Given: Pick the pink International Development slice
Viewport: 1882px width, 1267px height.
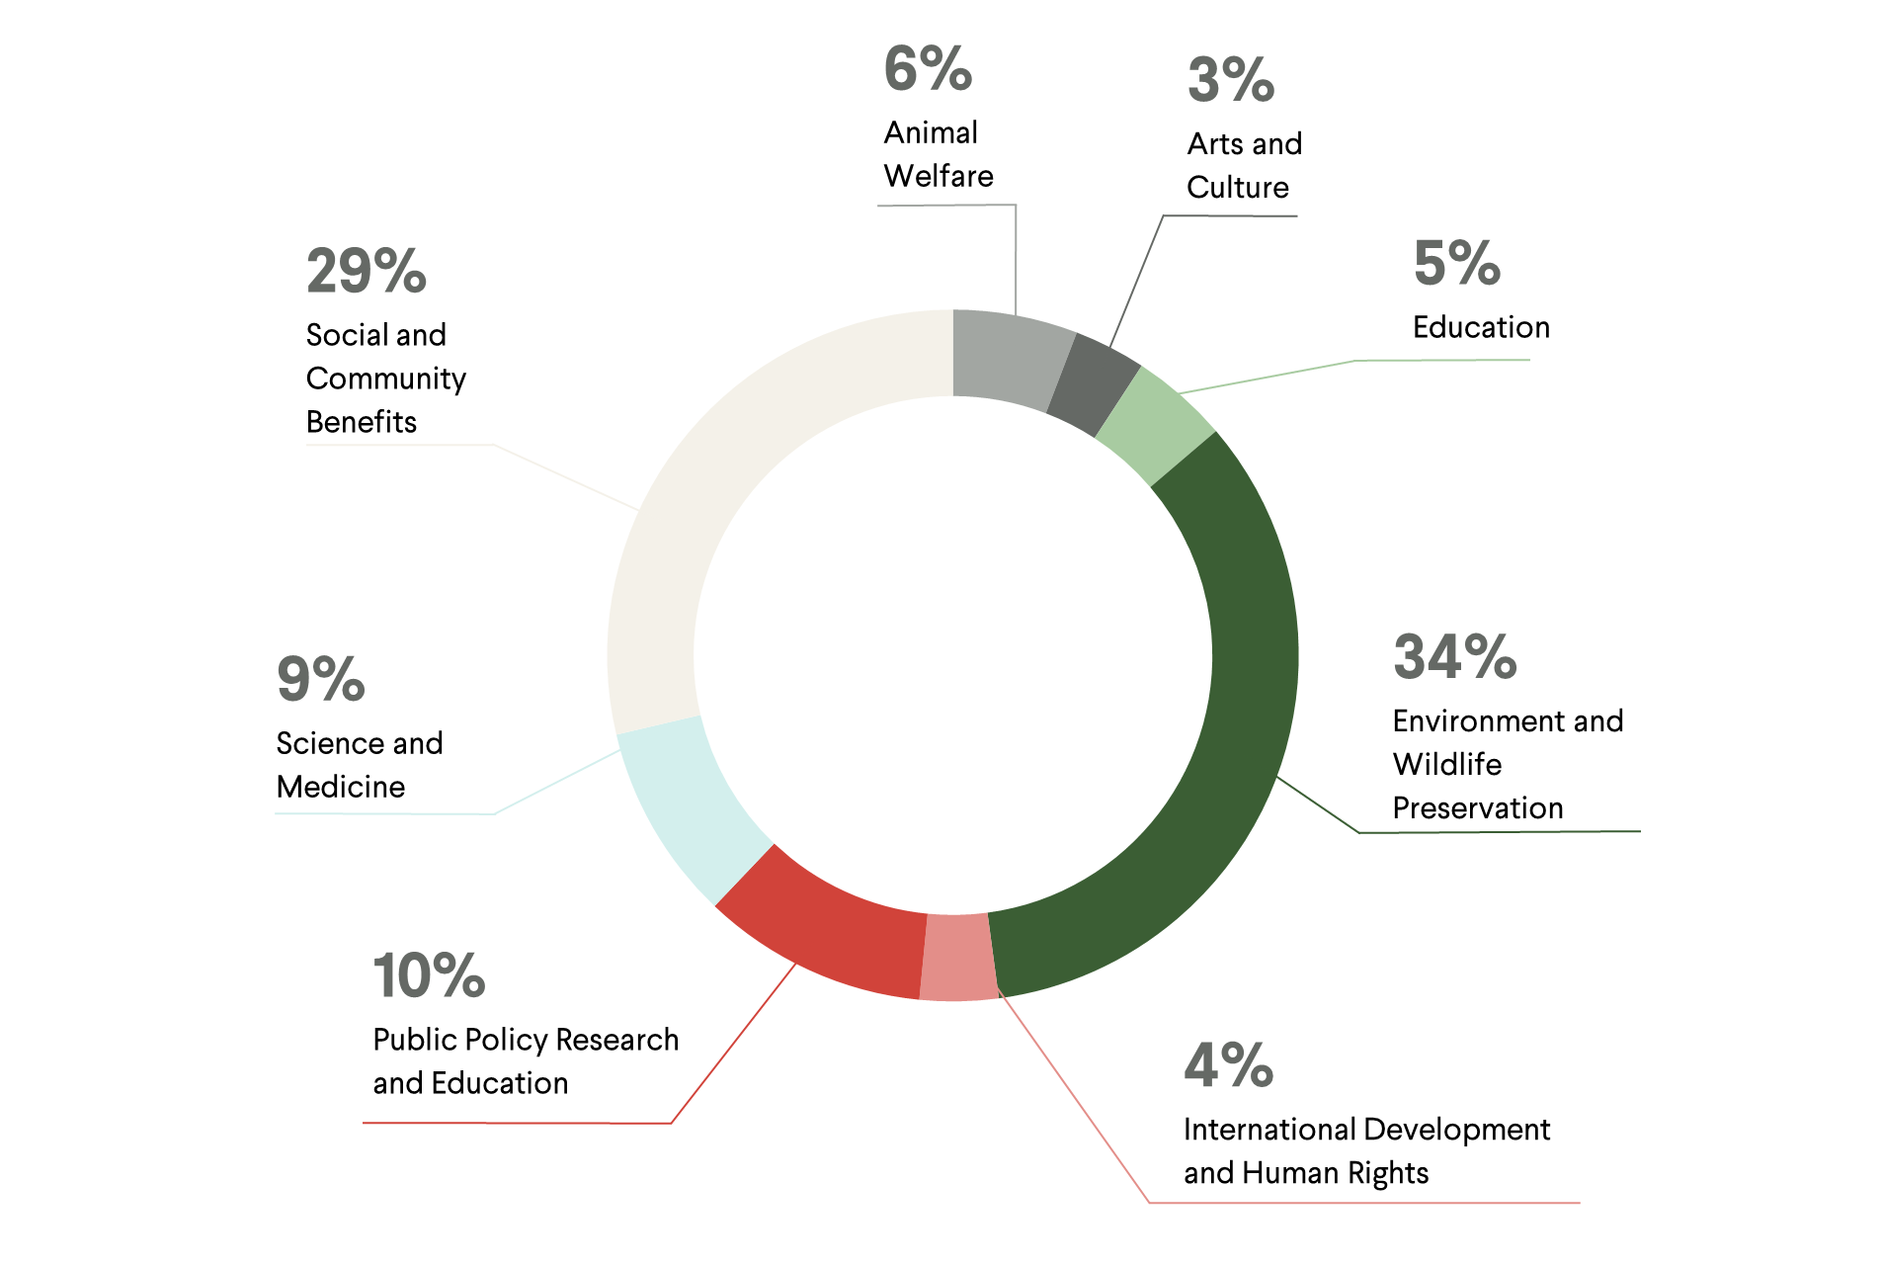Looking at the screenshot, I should (x=956, y=957).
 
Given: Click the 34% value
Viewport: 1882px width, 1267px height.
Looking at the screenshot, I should (x=1454, y=657).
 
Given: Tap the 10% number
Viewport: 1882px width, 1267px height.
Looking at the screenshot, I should (x=429, y=975).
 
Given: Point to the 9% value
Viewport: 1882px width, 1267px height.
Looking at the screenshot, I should (x=320, y=679).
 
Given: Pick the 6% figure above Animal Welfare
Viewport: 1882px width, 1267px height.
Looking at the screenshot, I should (x=928, y=69).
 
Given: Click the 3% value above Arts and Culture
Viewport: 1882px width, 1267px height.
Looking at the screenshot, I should (x=1231, y=80).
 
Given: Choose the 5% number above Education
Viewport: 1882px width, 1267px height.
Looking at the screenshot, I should (x=1457, y=263).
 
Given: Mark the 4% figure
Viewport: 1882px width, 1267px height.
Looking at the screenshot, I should (x=1229, y=1065).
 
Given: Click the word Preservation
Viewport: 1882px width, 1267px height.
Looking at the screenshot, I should (x=1478, y=807).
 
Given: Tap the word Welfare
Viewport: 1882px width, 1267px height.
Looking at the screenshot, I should (x=939, y=176).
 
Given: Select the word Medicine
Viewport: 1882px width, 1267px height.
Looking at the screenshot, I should (x=341, y=787).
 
